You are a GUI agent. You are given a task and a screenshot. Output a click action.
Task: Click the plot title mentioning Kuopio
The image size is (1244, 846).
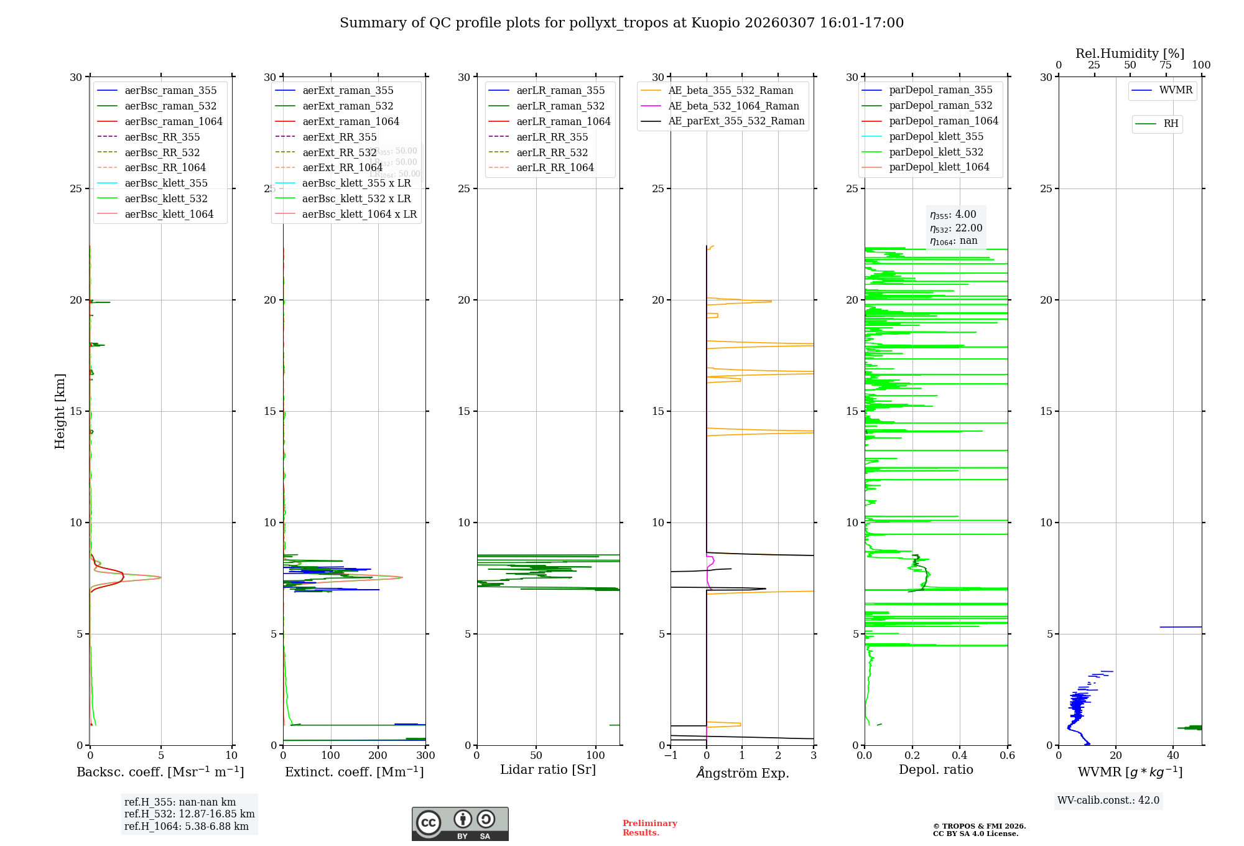[x=621, y=23]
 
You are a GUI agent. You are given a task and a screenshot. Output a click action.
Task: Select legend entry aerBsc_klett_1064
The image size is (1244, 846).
[x=169, y=214]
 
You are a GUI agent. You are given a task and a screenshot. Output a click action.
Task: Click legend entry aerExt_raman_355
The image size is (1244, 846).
[x=348, y=91]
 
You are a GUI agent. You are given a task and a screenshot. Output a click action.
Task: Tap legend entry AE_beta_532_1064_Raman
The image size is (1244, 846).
[x=733, y=106]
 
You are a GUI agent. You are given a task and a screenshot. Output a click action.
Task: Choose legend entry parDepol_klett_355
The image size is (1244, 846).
[x=936, y=137]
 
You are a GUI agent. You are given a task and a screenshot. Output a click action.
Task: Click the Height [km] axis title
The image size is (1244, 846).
[x=60, y=411]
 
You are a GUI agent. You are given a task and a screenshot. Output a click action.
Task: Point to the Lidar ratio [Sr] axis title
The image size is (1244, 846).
[x=548, y=770]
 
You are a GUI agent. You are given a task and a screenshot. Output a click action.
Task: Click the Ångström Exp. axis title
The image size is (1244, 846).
[x=742, y=773]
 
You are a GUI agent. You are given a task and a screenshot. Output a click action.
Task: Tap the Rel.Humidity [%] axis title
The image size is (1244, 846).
[x=1130, y=53]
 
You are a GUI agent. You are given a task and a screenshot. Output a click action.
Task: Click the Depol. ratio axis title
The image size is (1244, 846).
[x=935, y=770]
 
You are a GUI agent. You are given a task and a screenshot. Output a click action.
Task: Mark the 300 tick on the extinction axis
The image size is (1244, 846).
[x=425, y=756]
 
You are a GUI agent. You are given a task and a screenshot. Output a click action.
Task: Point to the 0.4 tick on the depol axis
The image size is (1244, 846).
[x=960, y=756]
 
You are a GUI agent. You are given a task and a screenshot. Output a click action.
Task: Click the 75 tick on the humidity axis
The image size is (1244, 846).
[x=1166, y=65]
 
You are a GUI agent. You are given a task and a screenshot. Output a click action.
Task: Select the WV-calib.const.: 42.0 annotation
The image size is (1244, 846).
[x=1108, y=801]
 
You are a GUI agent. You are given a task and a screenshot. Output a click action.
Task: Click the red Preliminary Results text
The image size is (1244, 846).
[x=649, y=828]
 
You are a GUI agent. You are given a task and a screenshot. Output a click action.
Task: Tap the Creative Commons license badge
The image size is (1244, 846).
[x=460, y=824]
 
